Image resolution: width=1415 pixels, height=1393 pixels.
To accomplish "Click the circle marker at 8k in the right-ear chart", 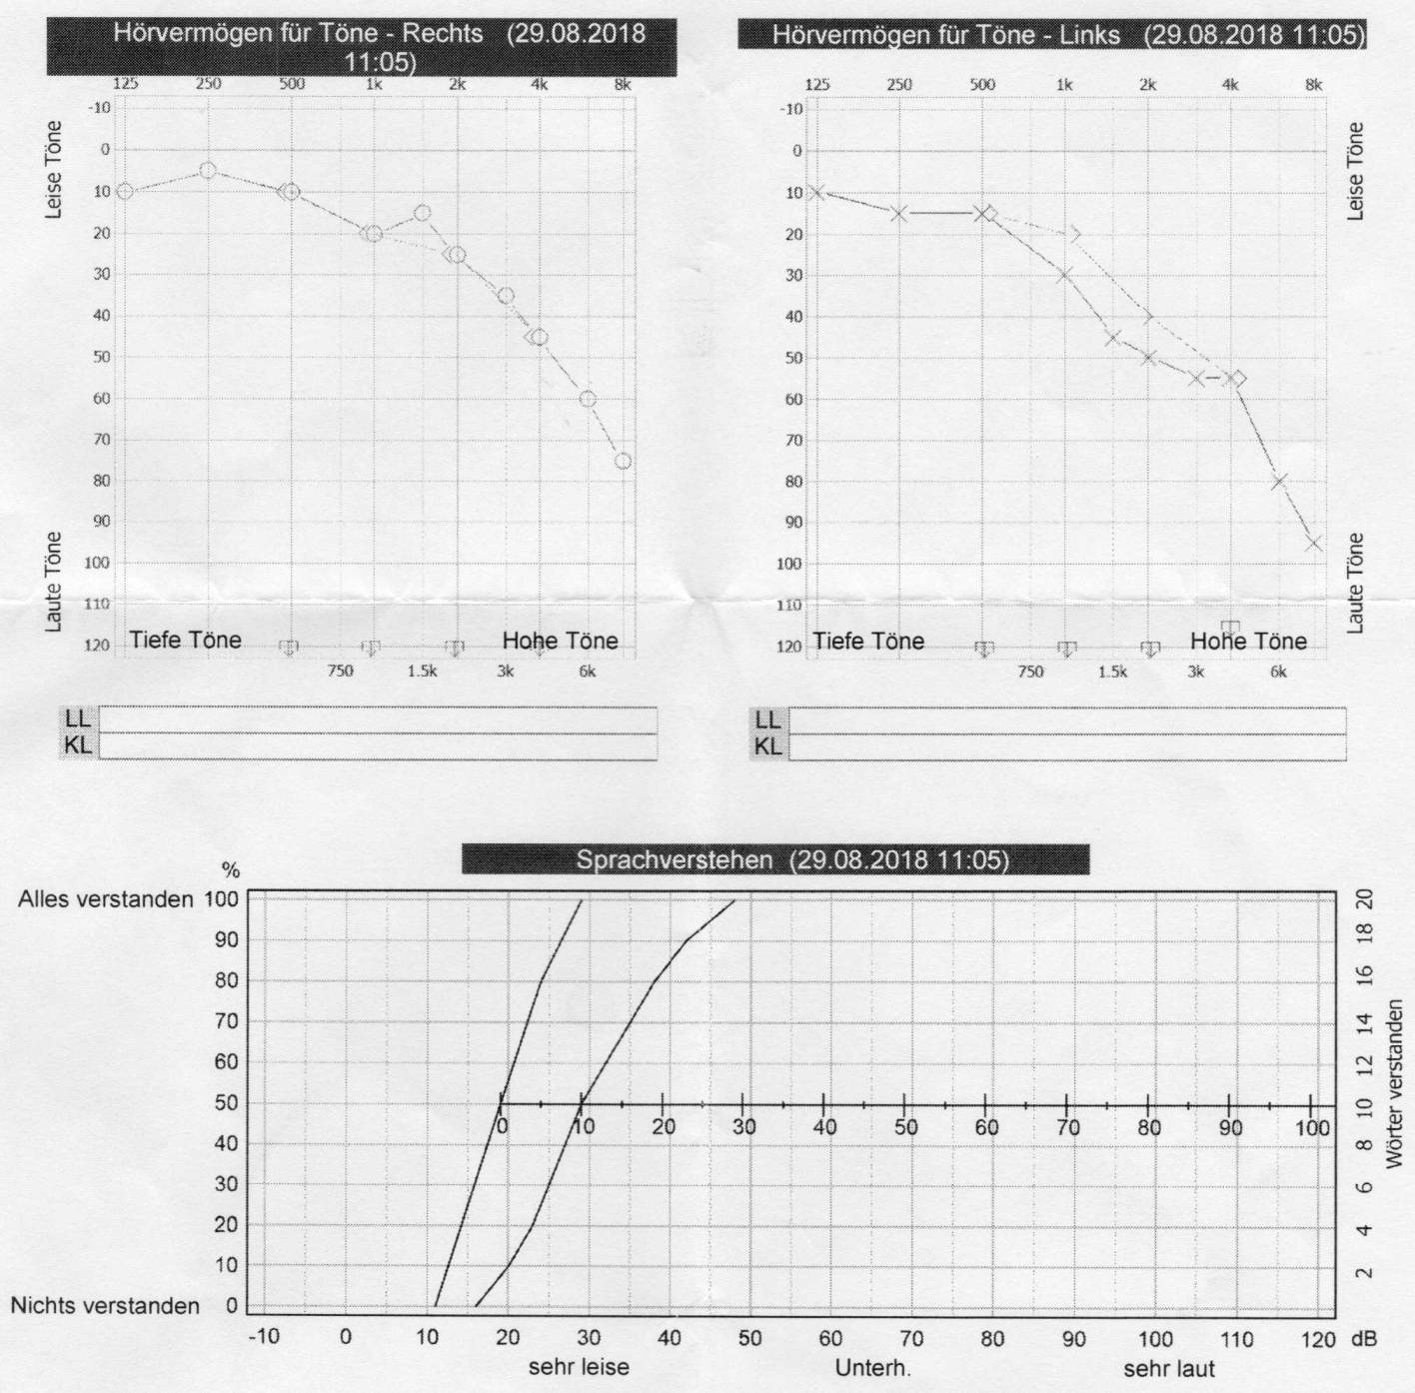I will coord(623,461).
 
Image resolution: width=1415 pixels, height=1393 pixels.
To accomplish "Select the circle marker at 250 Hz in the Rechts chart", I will coord(208,171).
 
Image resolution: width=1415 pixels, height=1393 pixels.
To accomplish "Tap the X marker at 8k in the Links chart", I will coord(1313,544).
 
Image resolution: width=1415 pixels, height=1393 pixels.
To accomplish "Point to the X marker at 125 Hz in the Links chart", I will coord(816,192).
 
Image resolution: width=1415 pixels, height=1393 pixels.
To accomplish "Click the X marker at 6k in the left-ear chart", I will coord(1278,482).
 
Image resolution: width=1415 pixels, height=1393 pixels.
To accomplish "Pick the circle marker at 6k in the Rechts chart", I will coord(588,399).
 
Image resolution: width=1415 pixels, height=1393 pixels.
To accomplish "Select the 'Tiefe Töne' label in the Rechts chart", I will coord(185,641).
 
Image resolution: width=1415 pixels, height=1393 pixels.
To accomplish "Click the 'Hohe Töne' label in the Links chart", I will coord(1248,642).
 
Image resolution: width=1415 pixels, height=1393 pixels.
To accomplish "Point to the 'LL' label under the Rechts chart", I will coord(78,718).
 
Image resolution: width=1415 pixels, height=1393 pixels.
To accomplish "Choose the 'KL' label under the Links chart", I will coord(767,746).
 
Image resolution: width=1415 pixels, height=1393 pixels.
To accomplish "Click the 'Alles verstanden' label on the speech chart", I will coord(106,899).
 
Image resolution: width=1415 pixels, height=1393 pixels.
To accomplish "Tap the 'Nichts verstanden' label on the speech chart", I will coord(105,1306).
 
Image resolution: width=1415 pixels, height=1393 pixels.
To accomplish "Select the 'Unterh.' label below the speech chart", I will coord(872,1367).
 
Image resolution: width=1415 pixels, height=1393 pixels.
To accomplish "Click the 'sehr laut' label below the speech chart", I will coord(1169,1367).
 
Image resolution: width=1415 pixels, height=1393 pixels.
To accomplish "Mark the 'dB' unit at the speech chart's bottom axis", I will coord(1362,1338).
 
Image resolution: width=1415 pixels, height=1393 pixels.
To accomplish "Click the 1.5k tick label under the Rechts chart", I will coord(422,672).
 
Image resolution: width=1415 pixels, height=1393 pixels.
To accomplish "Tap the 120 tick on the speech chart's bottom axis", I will coord(1318,1338).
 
